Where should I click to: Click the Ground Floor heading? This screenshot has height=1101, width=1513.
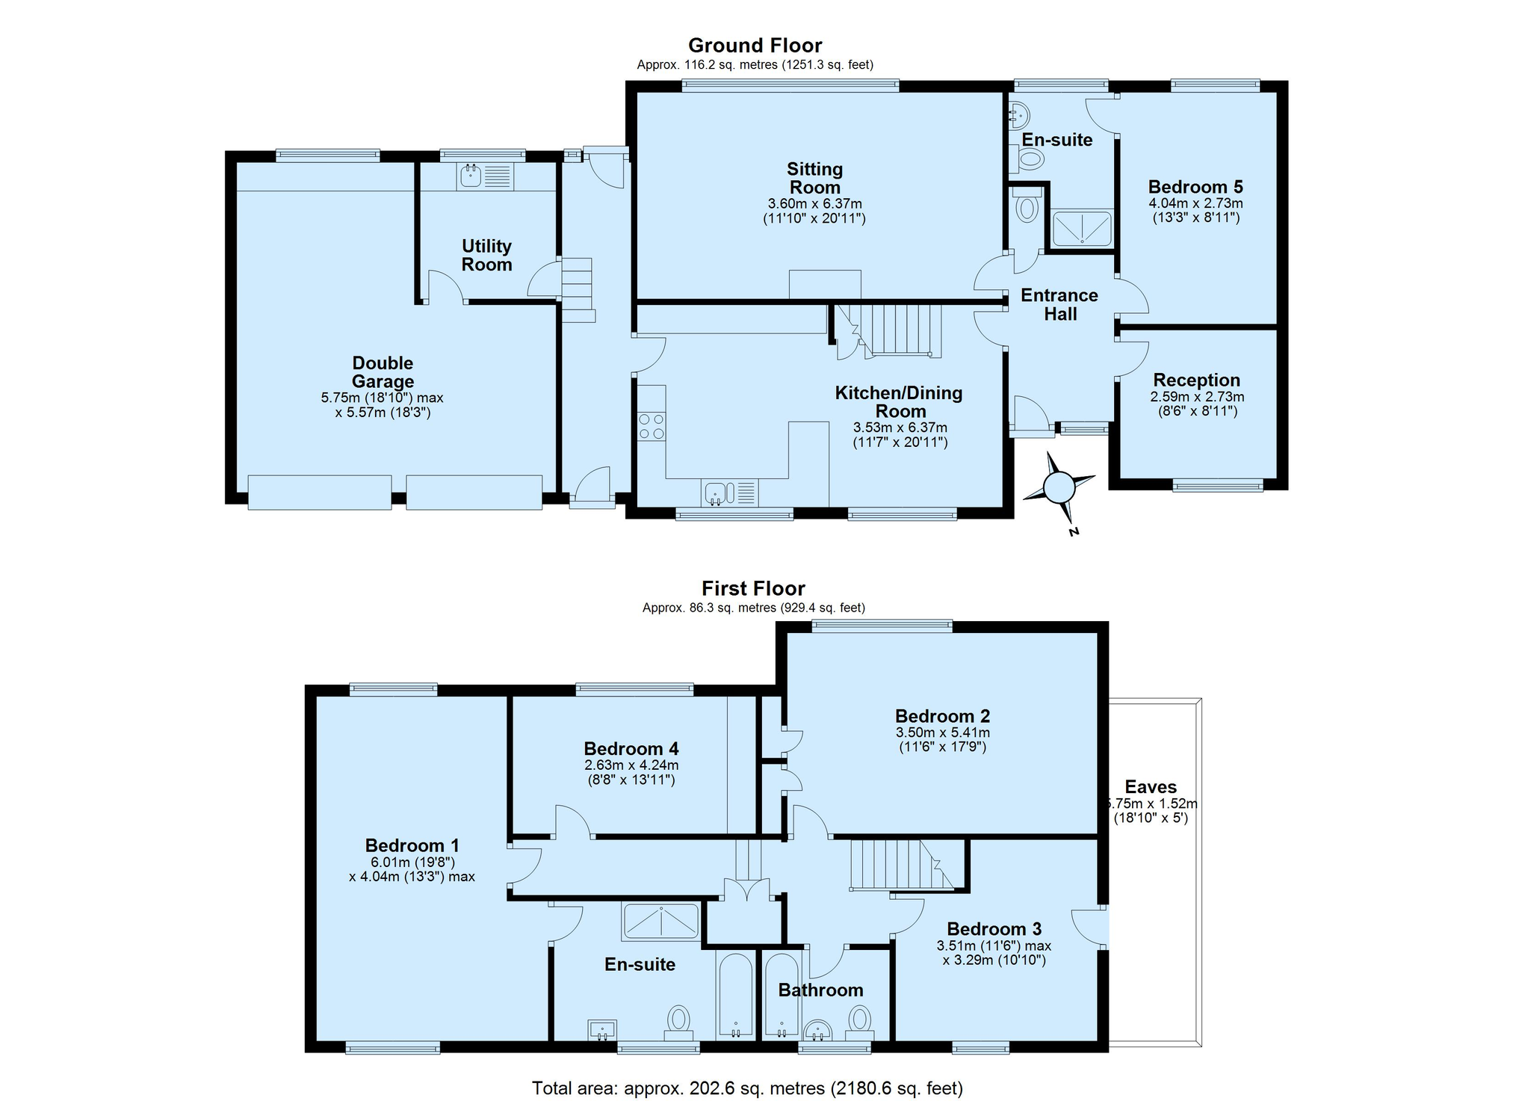coord(755,46)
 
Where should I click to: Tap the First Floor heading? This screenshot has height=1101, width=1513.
coord(753,589)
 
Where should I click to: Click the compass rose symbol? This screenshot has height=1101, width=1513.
coord(1058,489)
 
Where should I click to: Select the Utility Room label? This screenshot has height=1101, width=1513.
coord(486,255)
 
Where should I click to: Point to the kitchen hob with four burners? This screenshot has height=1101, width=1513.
coord(652,426)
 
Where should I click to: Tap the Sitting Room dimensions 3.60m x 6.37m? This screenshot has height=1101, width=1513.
coord(814,204)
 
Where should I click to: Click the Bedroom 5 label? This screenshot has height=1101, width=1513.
coord(1195,187)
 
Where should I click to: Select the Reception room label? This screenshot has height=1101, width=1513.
coord(1196,380)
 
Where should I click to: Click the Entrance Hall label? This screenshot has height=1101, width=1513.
coord(1059,304)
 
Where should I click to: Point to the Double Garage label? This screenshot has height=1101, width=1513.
coord(383,372)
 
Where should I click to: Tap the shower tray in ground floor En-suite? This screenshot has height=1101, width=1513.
coord(1082,229)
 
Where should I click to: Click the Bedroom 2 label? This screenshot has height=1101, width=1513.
coord(942,716)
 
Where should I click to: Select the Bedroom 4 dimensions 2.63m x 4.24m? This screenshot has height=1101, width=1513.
coord(631,765)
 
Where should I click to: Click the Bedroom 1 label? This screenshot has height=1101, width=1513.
coord(412,845)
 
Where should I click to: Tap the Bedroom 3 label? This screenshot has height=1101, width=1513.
coord(994,929)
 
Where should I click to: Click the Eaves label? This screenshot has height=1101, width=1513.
coord(1151,787)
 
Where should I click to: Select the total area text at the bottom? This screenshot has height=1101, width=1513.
coord(747,1088)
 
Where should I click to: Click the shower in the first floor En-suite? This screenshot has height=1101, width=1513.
coord(660,921)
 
